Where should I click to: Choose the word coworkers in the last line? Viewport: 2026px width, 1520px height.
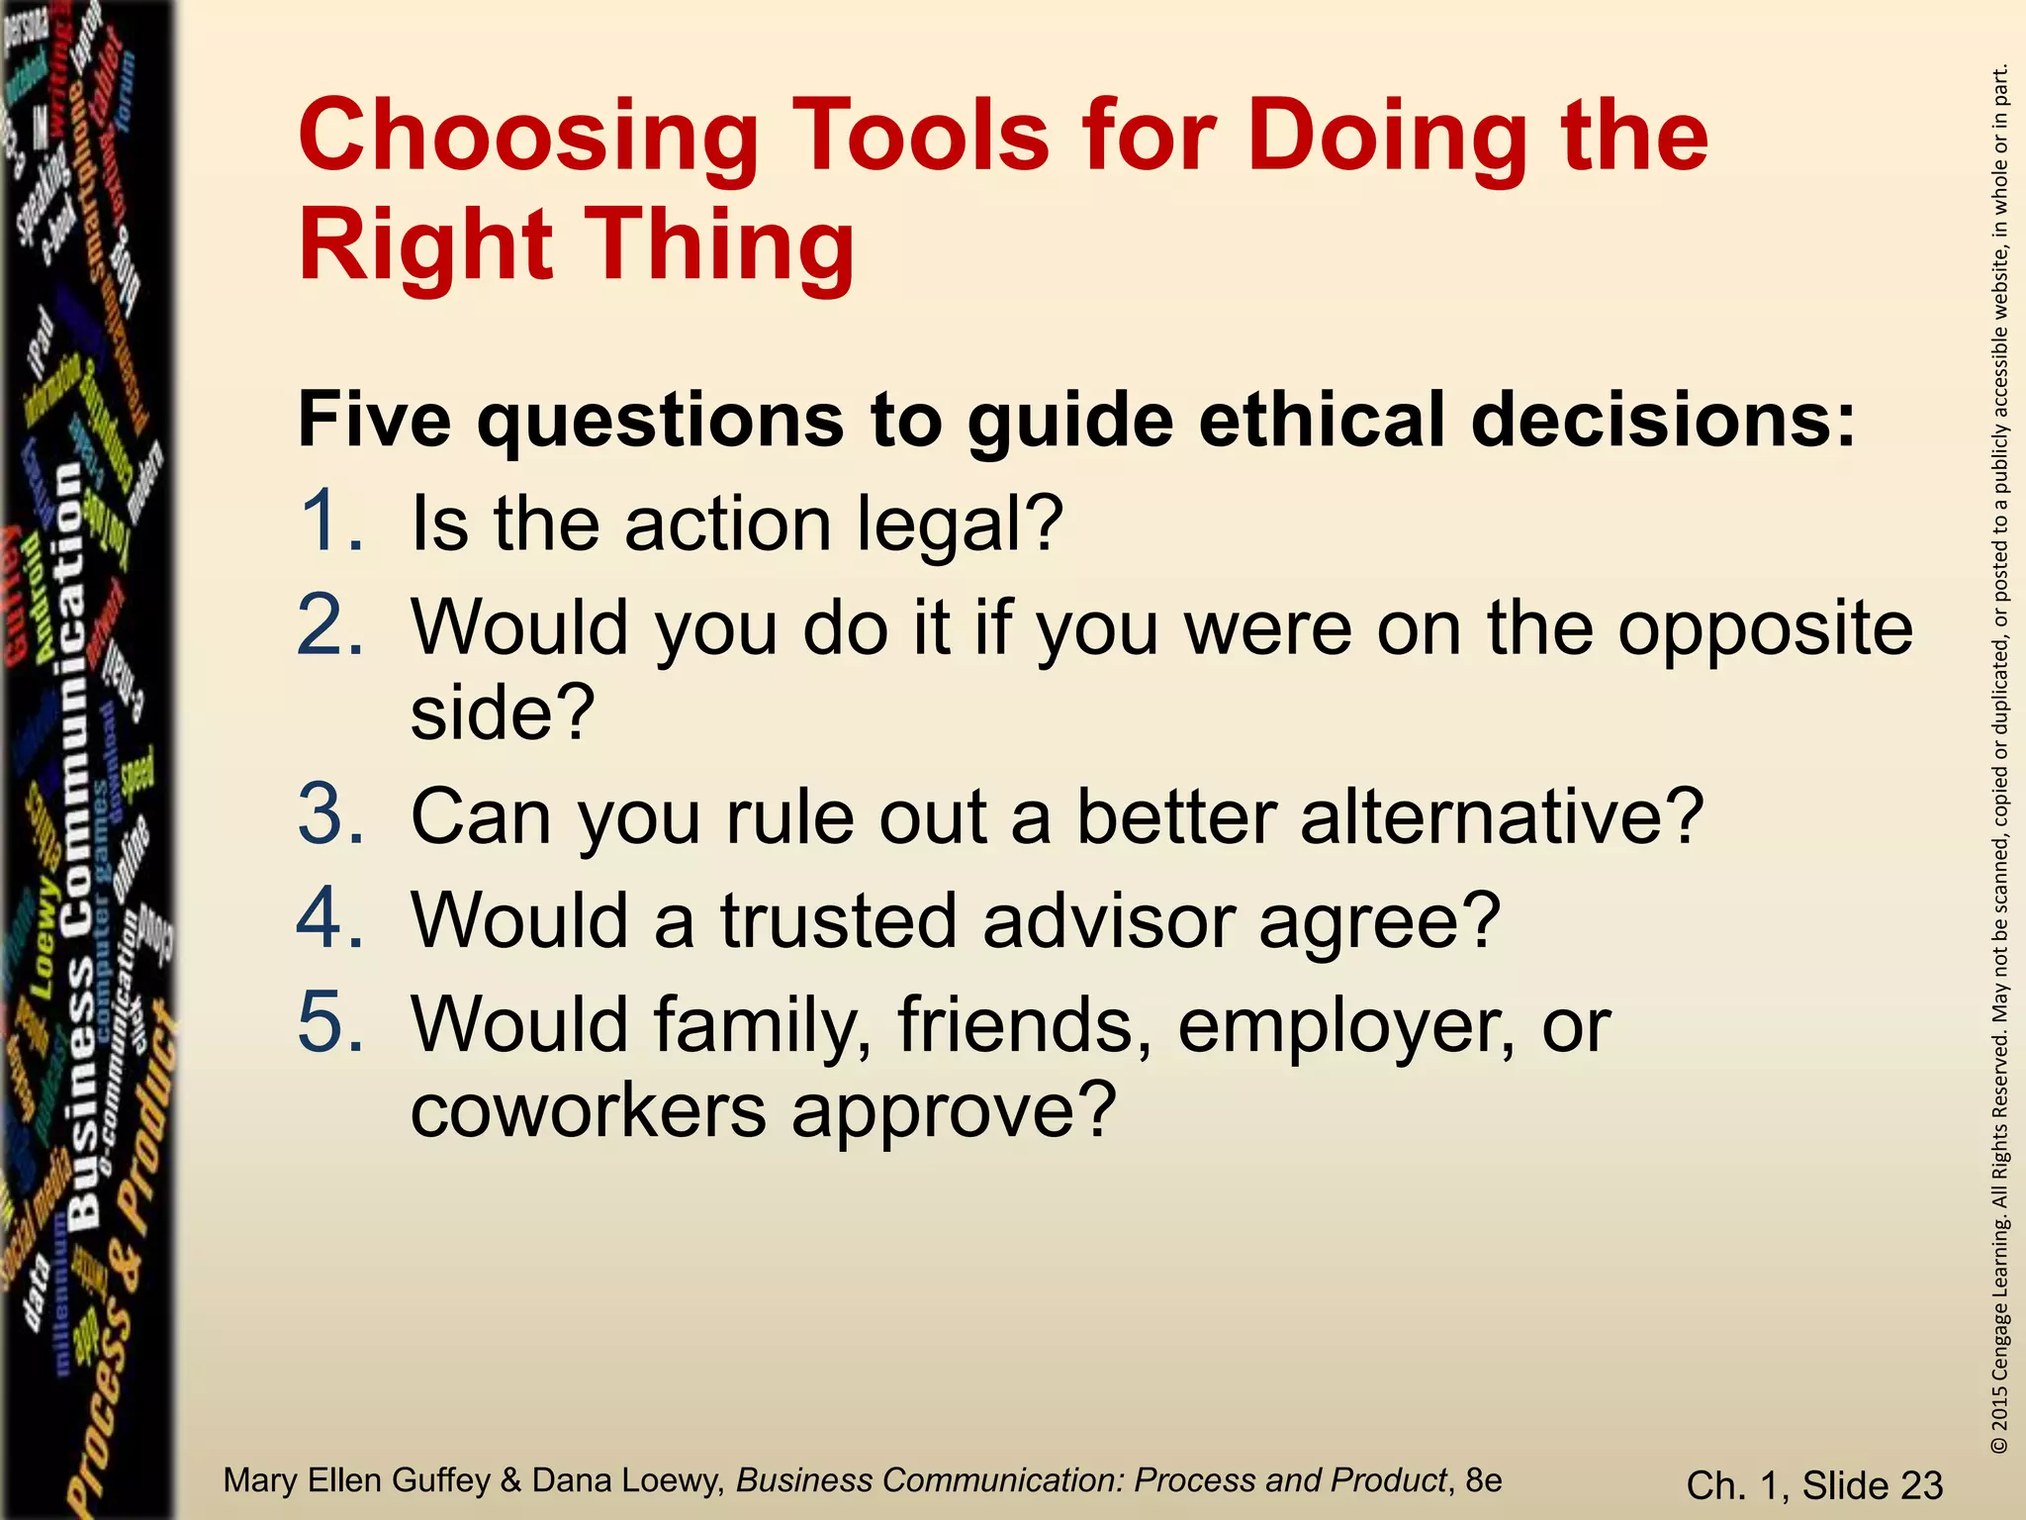[589, 1109]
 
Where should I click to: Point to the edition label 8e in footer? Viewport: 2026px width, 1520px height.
[1483, 1480]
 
